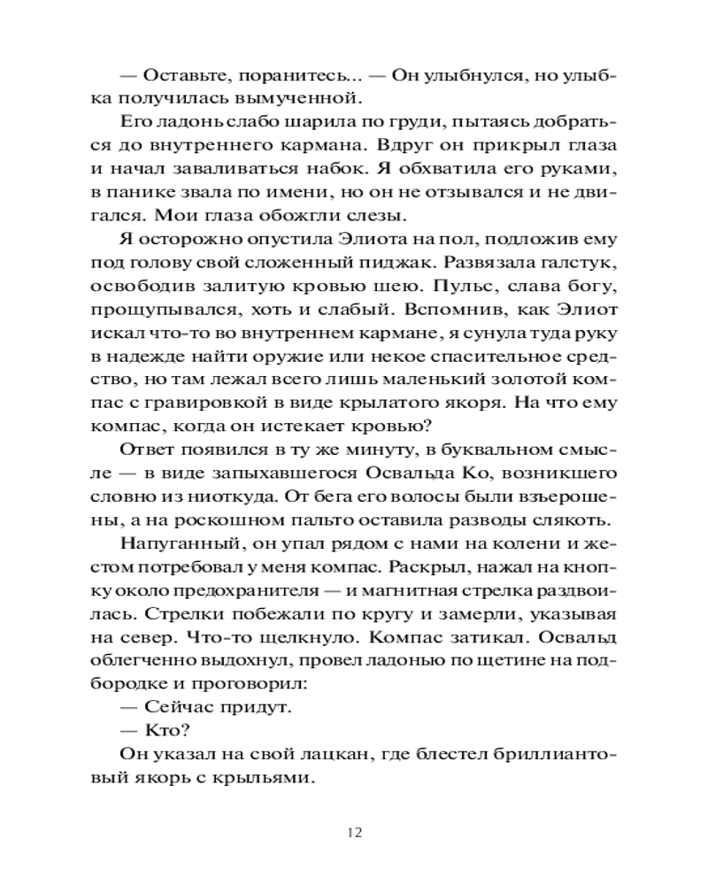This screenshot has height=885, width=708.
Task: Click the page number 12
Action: coord(354,832)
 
